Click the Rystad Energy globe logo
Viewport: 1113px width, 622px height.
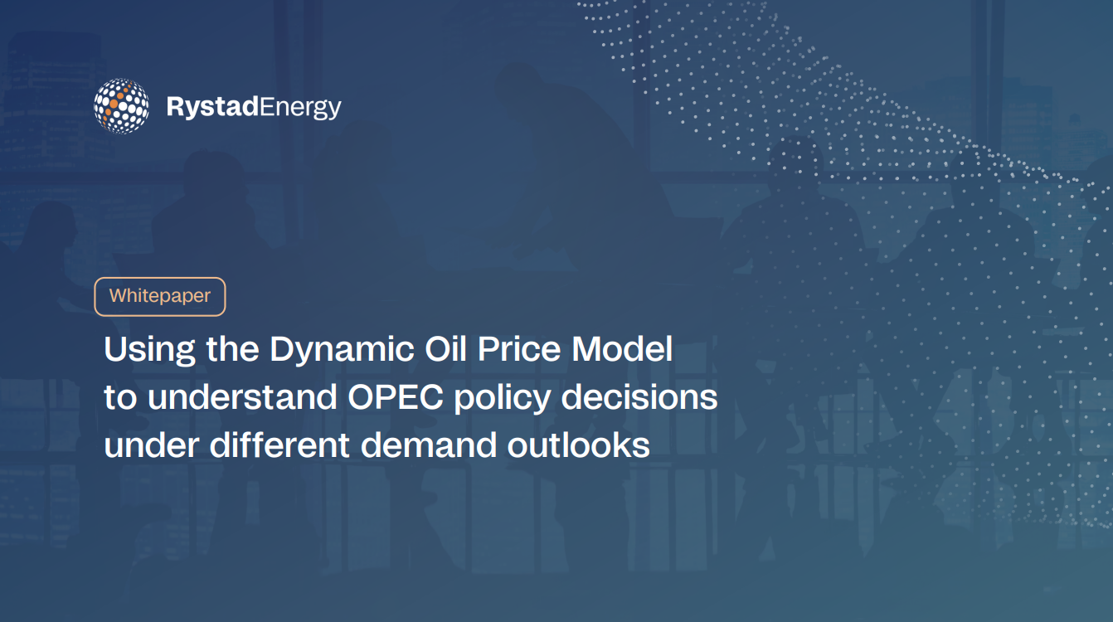[121, 106]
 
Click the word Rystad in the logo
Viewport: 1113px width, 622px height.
[212, 107]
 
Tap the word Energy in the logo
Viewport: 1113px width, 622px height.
[300, 108]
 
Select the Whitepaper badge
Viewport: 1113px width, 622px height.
[160, 297]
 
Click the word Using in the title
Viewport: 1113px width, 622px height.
[149, 350]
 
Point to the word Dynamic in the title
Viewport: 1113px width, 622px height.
[343, 350]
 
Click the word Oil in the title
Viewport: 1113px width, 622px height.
[445, 348]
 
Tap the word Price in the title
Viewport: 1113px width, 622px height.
[519, 348]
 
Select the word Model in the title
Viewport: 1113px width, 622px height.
[622, 348]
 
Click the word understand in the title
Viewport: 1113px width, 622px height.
[242, 397]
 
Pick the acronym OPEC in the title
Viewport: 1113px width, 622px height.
[396, 397]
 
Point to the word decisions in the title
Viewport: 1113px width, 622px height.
[639, 397]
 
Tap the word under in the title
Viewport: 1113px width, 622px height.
[152, 445]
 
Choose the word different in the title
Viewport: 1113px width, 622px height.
[279, 445]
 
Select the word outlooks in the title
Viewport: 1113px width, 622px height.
[578, 445]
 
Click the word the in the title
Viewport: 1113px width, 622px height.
[232, 348]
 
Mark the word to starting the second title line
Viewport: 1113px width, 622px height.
[120, 398]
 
